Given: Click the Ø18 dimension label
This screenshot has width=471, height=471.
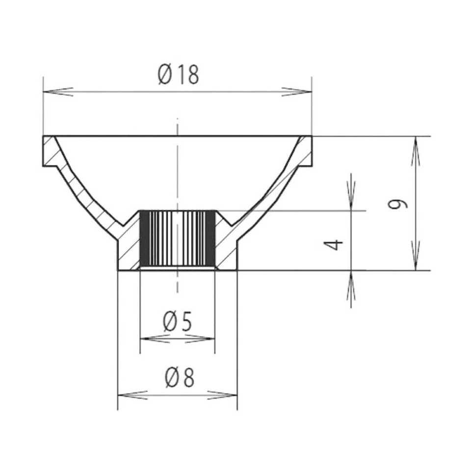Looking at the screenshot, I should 179,75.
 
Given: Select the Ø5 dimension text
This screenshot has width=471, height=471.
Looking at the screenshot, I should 177,322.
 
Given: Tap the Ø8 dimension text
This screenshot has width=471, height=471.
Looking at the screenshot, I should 180,378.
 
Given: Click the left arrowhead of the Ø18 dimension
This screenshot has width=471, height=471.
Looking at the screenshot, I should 56,92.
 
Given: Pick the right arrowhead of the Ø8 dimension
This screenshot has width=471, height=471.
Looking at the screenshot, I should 224,395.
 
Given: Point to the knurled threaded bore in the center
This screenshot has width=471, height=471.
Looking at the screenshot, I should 177,239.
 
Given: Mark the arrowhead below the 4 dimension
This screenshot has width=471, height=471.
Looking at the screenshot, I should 351,285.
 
